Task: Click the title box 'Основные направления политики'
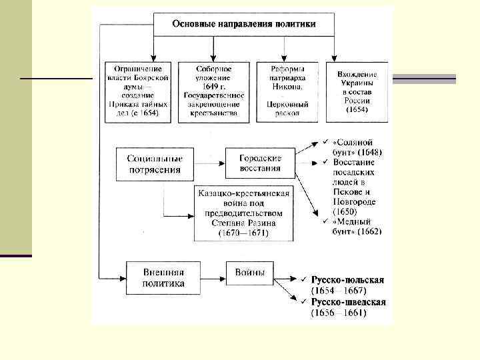pos(244,24)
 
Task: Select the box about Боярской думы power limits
pos(138,91)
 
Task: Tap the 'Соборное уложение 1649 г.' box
pos(214,91)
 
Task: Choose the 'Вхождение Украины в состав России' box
pos(357,91)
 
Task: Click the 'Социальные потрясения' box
pos(155,163)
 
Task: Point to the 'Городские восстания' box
pos(260,163)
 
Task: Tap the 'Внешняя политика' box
pos(163,277)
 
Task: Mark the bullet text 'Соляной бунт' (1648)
pos(357,147)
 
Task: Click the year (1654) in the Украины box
pos(357,110)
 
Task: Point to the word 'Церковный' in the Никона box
pos(287,104)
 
